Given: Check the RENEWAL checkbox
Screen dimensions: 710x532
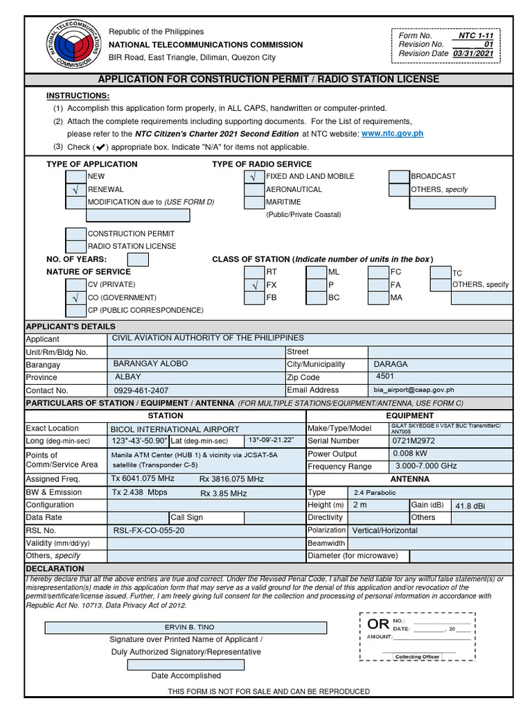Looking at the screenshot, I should point(76,189).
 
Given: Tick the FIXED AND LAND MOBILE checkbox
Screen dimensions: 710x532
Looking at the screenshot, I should point(254,177).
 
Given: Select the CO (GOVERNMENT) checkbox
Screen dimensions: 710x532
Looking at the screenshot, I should point(76,297).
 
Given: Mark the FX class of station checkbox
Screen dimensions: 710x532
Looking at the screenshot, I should point(254,285).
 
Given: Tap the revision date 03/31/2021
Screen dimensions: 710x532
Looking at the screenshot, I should point(474,53).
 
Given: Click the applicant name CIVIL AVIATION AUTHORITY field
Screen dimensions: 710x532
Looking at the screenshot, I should point(208,338).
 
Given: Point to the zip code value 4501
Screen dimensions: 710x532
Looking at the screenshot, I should point(385,376).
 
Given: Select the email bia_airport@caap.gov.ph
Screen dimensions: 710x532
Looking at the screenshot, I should point(414,390).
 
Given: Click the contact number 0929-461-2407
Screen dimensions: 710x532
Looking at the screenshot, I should point(141,390).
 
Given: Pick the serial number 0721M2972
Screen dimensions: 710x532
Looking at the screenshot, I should point(414,441).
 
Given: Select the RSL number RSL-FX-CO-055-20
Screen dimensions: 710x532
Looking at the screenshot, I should point(149,530).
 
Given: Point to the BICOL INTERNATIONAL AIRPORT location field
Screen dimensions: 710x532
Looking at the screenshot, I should point(175,429).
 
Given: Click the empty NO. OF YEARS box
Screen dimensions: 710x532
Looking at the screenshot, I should point(138,259).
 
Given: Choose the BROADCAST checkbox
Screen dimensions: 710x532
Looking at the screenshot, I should point(398,177).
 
